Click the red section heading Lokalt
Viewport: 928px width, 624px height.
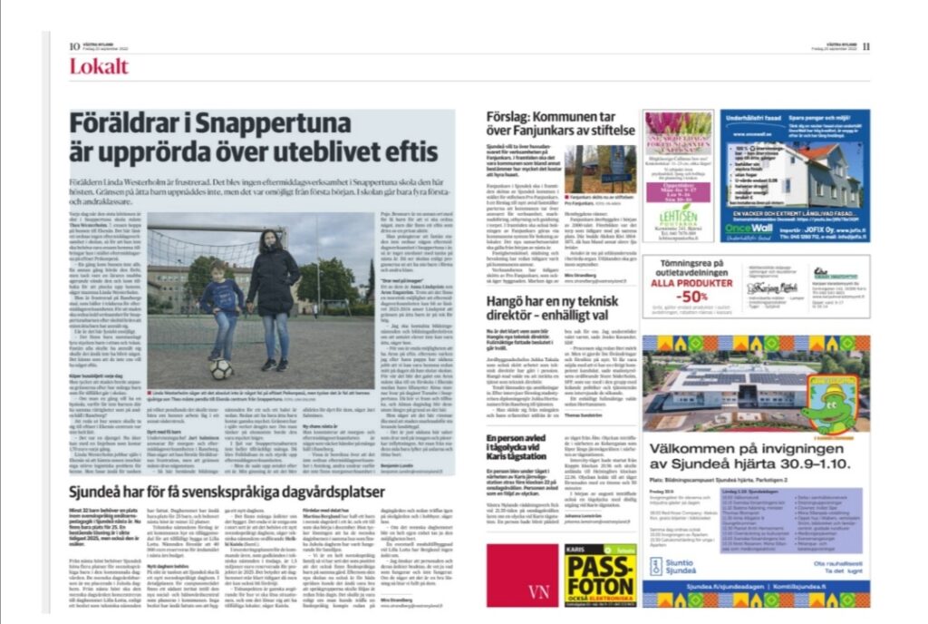click(99, 66)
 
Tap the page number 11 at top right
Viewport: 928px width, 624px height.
click(866, 46)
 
